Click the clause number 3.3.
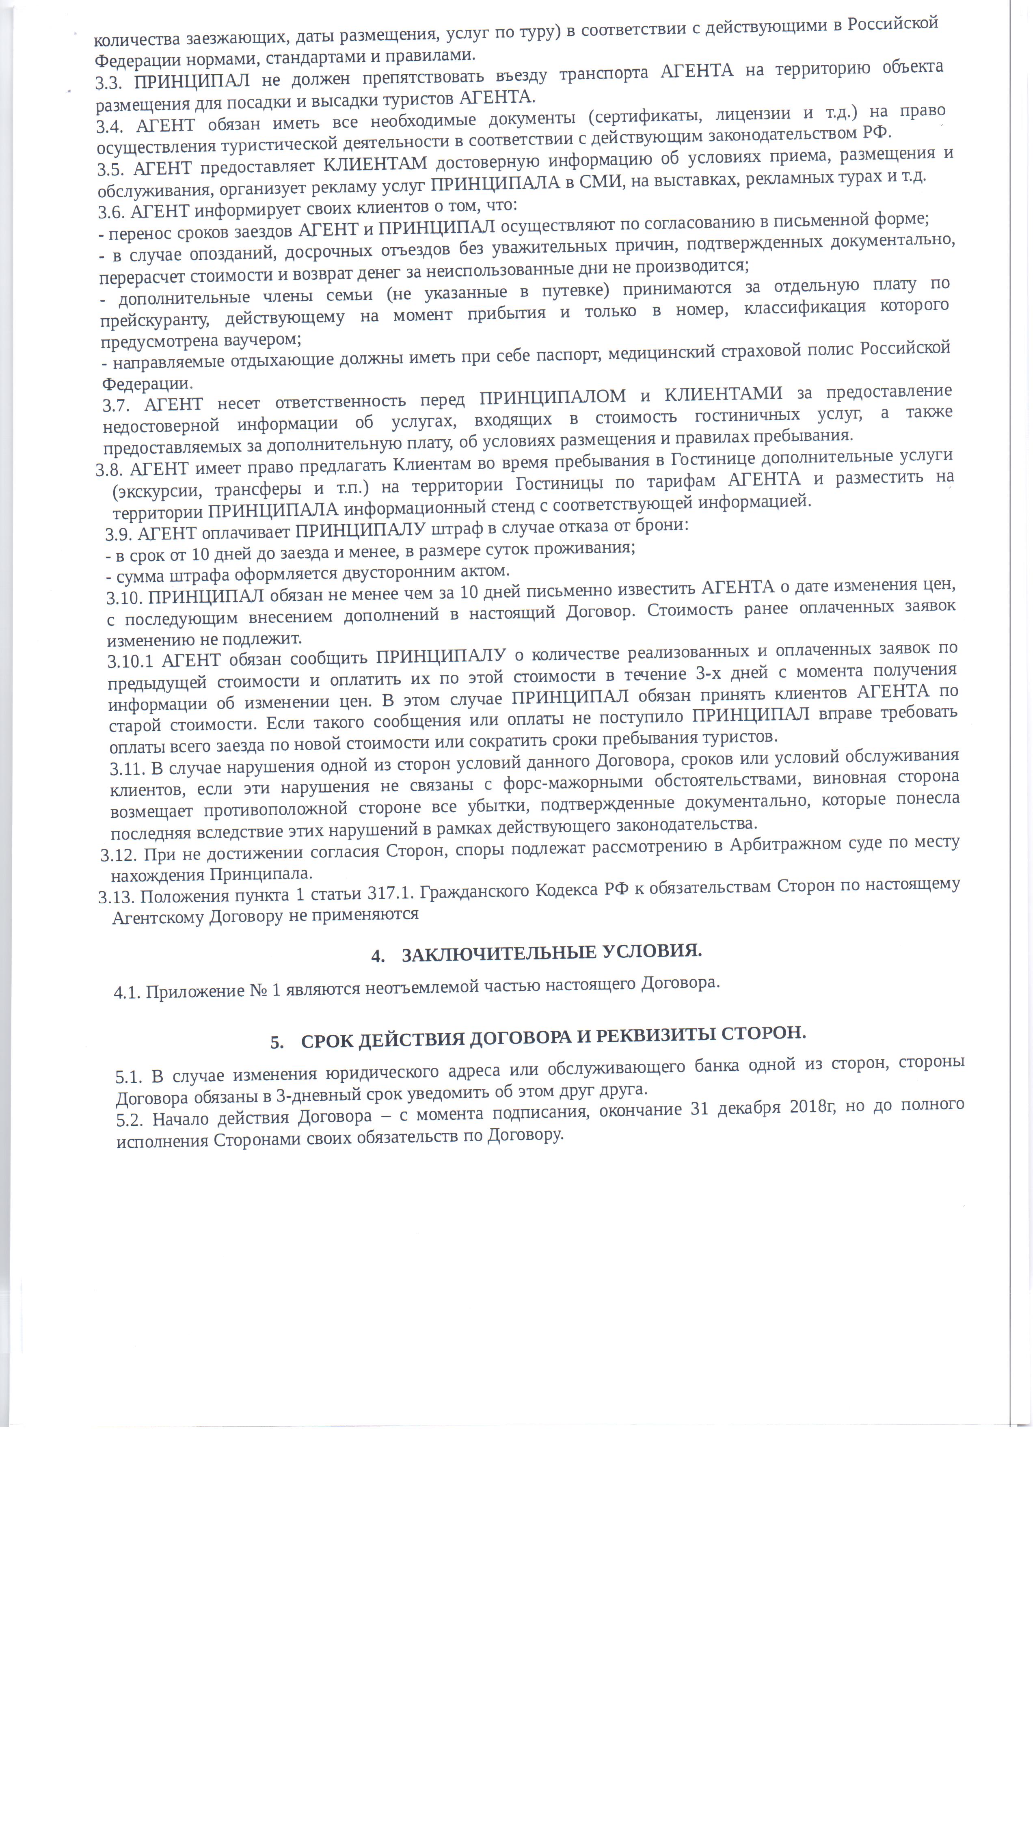pyautogui.click(x=110, y=83)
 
